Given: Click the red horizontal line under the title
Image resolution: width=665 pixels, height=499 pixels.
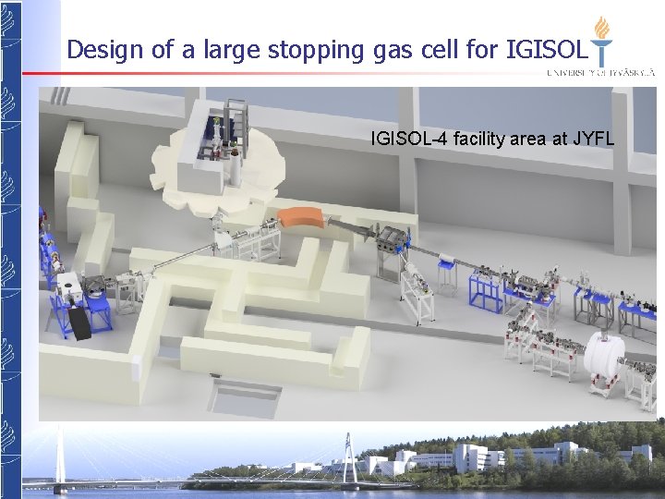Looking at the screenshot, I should tap(277, 73).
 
